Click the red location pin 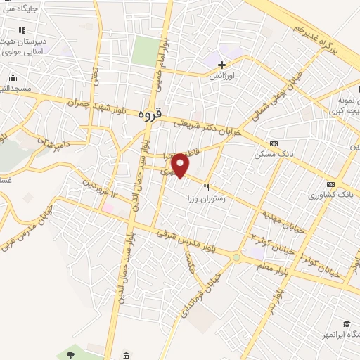point(181,165)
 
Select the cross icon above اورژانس point(222,65)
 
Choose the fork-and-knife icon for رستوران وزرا point(206,187)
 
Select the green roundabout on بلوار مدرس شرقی point(237,257)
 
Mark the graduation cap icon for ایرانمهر point(346,324)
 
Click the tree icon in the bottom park point(70,351)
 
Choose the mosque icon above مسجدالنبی point(13,78)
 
